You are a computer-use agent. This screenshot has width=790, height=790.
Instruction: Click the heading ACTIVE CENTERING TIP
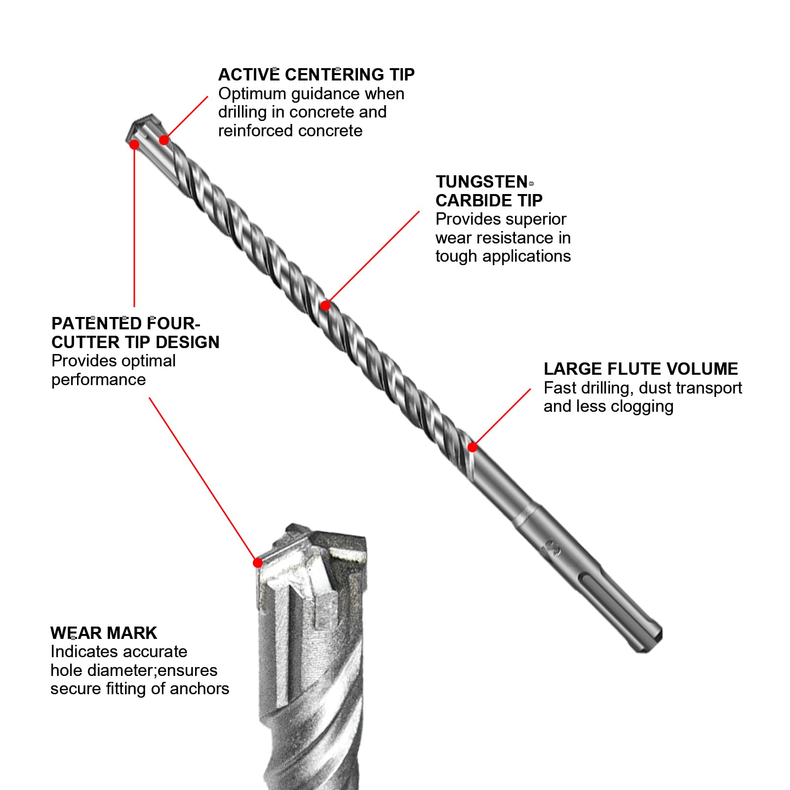[316, 75]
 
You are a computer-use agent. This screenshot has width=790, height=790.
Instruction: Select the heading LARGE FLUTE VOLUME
[640, 369]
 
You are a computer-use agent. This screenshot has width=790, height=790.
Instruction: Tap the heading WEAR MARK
[104, 633]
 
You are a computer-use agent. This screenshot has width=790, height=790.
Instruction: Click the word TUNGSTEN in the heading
[482, 182]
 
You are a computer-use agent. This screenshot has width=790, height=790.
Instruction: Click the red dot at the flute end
[473, 447]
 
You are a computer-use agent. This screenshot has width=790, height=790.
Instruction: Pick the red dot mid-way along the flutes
[325, 306]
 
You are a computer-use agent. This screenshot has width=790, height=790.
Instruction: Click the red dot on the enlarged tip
[257, 563]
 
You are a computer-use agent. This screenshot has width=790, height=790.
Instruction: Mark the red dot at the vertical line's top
[134, 145]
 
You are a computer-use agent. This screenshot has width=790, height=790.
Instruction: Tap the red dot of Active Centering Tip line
[164, 140]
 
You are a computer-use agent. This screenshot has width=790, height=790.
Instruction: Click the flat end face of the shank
[653, 644]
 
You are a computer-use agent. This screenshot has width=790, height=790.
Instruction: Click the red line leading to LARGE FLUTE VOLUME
[502, 417]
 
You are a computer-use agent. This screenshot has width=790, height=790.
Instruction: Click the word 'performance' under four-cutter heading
[98, 380]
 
